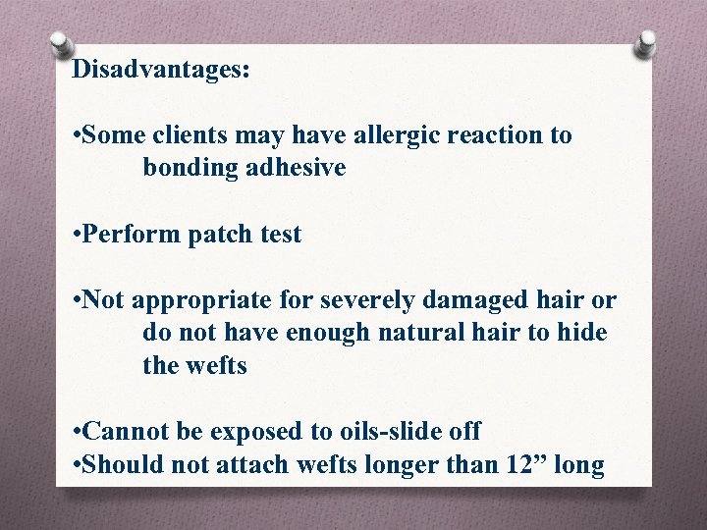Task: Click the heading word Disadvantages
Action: coord(161,70)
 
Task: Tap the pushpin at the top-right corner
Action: coord(645,44)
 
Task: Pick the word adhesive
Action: coord(295,168)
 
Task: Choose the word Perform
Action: coord(129,235)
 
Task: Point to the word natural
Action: coord(413,333)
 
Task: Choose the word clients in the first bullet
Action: coord(187,135)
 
